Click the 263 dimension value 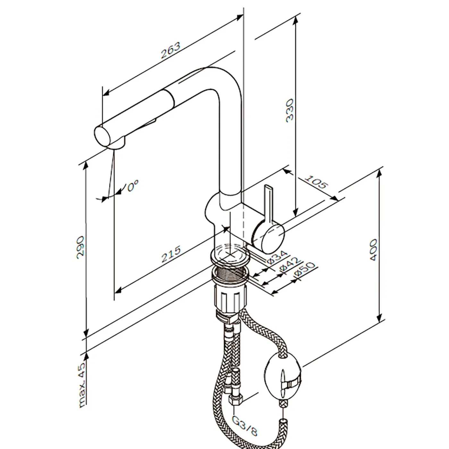coord(171,50)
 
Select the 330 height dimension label coord(290,110)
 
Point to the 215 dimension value coord(171,254)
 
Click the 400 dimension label coord(374,250)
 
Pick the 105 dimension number coord(316,182)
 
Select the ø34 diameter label coord(277,257)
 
